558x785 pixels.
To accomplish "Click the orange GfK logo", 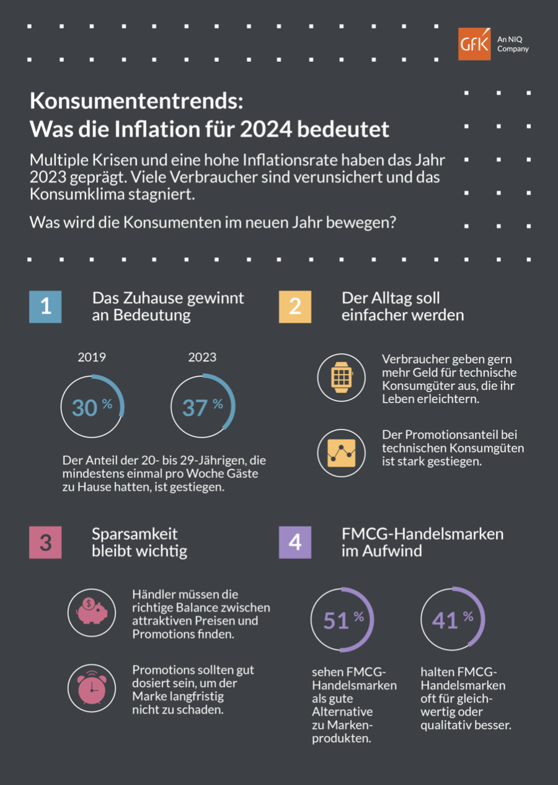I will point(474,44).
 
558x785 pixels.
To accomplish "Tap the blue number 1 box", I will point(45,306).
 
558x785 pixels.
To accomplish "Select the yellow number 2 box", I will point(295,306).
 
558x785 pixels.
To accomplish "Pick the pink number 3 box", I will point(45,542).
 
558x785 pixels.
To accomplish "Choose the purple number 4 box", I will point(295,542).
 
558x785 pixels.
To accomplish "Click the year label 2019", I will point(92,357).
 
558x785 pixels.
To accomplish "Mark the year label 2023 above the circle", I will point(203,357).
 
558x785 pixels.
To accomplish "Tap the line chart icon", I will point(340,453).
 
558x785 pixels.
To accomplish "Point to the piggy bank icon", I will point(91,612).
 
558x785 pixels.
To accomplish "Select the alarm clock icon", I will point(91,688).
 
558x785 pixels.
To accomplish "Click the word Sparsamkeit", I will point(135,534).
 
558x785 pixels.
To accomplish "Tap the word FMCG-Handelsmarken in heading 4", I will point(422,534).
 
